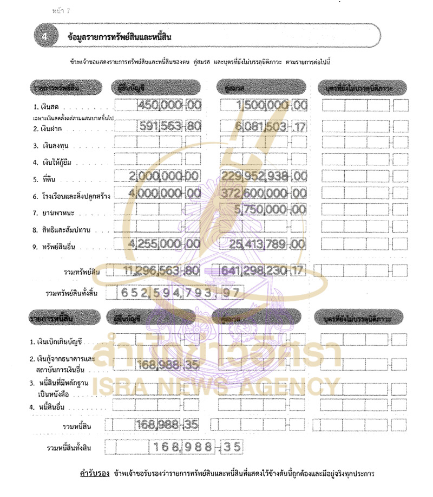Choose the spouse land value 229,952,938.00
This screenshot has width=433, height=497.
265,176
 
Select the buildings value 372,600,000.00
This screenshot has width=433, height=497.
265,192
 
